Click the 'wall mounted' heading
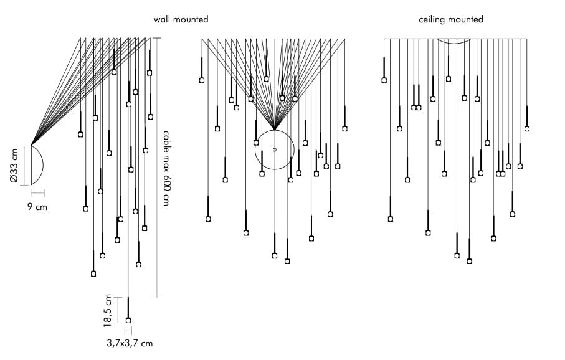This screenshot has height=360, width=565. pos(181,20)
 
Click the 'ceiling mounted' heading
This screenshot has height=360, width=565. pos(451,20)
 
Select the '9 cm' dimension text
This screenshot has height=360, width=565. pos(37,207)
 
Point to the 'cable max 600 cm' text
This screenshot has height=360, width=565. pos(166,168)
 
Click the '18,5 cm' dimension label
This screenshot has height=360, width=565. pos(108,310)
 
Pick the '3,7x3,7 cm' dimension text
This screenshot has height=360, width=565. pos(130,343)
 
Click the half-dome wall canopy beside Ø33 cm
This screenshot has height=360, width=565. pos(38,165)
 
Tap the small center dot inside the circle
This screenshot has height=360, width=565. pos(275,149)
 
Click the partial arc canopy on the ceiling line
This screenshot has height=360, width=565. pos(455,42)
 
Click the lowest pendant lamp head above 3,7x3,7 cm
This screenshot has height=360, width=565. pos(128,320)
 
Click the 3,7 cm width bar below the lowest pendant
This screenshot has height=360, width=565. pos(128,331)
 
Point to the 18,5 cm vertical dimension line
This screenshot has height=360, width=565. pos(118,310)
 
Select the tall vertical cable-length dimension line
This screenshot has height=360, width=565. pos(157,168)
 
